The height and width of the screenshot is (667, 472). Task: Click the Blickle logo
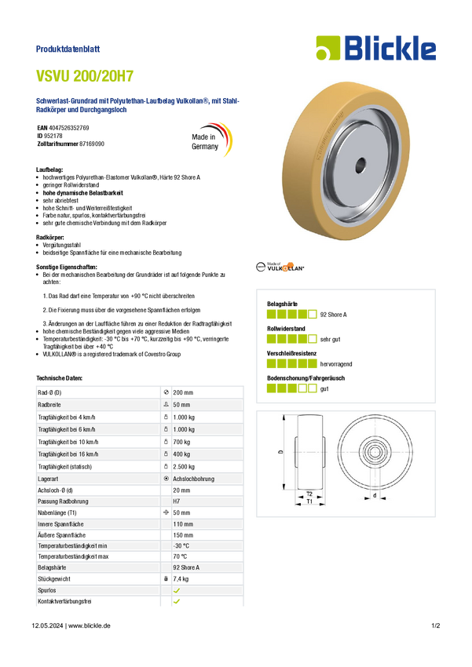(x=376, y=48)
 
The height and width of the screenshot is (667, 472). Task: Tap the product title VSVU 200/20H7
(x=85, y=75)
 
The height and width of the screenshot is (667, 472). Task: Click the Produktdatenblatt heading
(x=68, y=49)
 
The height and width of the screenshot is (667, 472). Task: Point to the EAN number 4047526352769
(x=69, y=128)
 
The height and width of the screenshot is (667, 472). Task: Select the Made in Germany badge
(x=211, y=140)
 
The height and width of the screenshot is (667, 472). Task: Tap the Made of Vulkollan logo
(x=280, y=267)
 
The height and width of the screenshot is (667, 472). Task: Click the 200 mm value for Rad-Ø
(x=183, y=392)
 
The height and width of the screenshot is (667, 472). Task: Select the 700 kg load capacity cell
(x=181, y=442)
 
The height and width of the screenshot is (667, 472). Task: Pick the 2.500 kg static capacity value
(x=184, y=467)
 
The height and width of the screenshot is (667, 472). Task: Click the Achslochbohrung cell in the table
(x=194, y=479)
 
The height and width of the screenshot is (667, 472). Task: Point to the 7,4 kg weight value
(x=181, y=579)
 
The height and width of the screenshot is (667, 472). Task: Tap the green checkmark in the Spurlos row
(x=177, y=590)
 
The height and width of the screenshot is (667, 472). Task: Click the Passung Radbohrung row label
(x=63, y=501)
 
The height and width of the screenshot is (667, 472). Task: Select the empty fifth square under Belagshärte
(x=313, y=315)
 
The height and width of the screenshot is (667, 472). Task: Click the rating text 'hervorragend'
(x=336, y=364)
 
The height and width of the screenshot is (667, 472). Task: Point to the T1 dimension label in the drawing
(x=309, y=501)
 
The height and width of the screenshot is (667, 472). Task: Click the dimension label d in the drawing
(x=375, y=495)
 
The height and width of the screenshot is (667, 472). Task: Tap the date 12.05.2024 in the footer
(x=47, y=625)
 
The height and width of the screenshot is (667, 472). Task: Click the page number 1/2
(x=436, y=625)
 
